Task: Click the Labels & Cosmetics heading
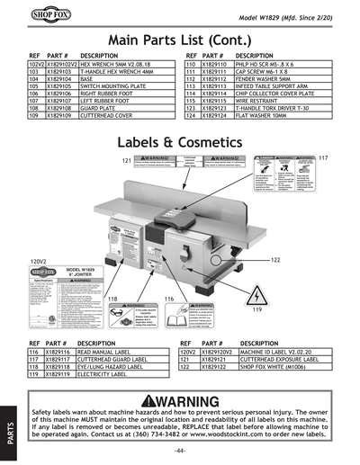pyautogui.click(x=180, y=144)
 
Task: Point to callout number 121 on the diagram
pyautogui.click(x=127, y=160)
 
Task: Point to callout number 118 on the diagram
pyautogui.click(x=113, y=299)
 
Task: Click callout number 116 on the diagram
pyautogui.click(x=168, y=299)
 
